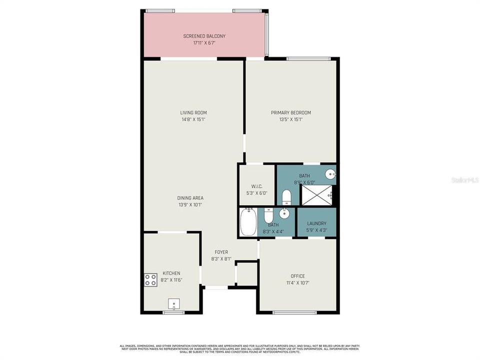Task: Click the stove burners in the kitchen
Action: coord(151,280)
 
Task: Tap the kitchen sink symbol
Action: coord(174,303)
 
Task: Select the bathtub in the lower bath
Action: coord(248,222)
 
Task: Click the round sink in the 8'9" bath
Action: coord(329,174)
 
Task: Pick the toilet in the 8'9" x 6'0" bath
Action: coord(286,197)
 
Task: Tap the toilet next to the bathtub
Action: coord(268,216)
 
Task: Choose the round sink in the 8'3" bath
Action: coord(284,214)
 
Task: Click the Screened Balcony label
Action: coord(204,36)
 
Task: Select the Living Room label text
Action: coord(193,112)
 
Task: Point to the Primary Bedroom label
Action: coord(291,112)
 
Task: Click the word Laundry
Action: coord(316,223)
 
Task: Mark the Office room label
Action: coord(297,276)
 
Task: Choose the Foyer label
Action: coord(221,252)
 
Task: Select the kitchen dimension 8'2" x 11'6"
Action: coord(171,280)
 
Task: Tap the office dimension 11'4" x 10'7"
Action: coord(297,282)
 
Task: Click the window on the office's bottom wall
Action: coord(294,312)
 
